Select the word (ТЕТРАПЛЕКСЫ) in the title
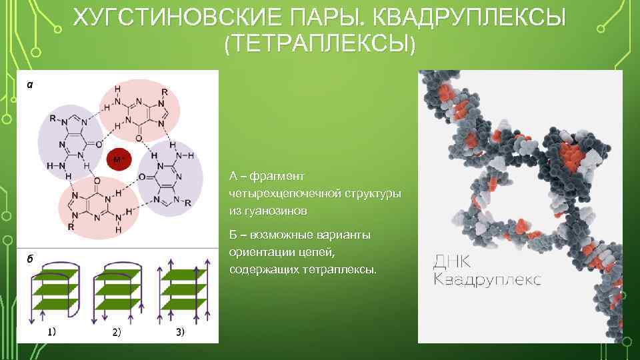(320, 43)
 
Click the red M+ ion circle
(119, 159)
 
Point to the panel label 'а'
(29, 84)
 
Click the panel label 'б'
(29, 259)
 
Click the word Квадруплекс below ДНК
(487, 279)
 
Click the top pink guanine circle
(139, 107)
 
